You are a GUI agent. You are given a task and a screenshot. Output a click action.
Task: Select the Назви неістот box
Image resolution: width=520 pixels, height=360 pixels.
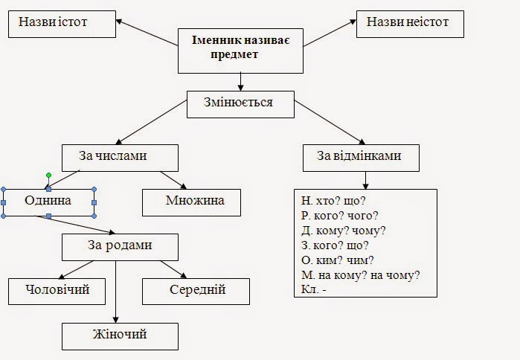pyautogui.click(x=410, y=23)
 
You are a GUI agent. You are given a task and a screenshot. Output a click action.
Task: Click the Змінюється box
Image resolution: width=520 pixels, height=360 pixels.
pyautogui.click(x=240, y=103)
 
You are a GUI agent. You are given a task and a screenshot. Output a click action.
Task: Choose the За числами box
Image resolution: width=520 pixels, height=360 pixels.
pyautogui.click(x=119, y=156)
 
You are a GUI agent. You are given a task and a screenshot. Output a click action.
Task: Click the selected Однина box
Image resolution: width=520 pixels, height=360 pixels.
pyautogui.click(x=48, y=201)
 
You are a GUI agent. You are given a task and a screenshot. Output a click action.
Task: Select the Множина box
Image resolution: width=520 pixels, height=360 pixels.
pyautogui.click(x=192, y=201)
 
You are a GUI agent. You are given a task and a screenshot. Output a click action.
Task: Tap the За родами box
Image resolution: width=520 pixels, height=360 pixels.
pyautogui.click(x=119, y=246)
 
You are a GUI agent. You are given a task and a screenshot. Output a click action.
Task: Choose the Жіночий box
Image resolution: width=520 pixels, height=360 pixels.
pyautogui.click(x=119, y=334)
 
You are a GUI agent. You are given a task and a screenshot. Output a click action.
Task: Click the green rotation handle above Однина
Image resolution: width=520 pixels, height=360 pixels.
pyautogui.click(x=48, y=176)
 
